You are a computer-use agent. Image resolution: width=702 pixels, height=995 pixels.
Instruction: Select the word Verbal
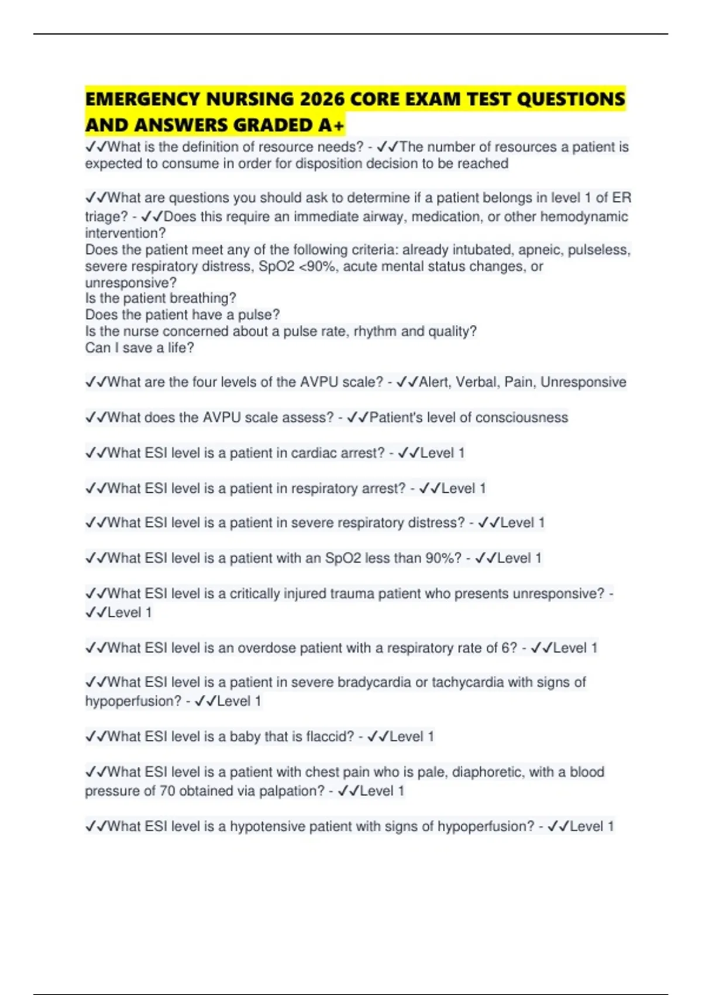[477, 382]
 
